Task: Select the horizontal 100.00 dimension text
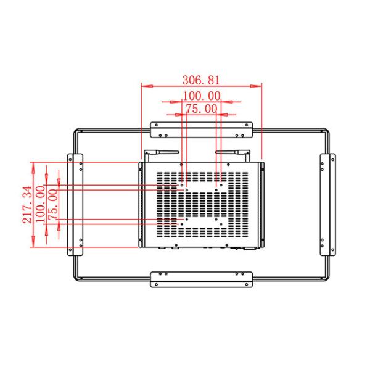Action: coord(202,96)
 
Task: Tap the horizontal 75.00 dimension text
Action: coord(202,109)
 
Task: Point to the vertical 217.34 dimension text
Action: coord(25,204)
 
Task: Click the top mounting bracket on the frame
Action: coord(202,129)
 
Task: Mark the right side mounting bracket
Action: coord(327,204)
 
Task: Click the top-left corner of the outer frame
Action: coord(76,129)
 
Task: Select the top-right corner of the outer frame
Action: coord(326,129)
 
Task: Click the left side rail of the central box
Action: coord(142,204)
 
